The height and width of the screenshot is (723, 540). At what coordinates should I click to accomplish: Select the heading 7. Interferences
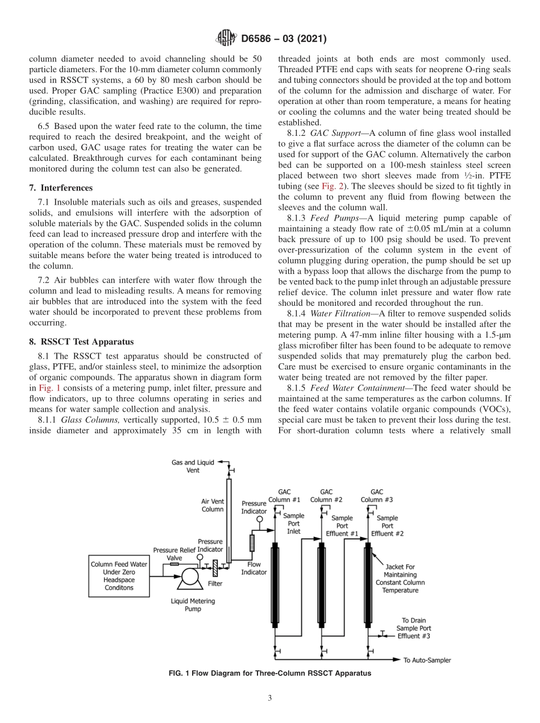(60, 188)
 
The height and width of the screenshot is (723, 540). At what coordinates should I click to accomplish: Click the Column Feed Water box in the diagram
(119, 576)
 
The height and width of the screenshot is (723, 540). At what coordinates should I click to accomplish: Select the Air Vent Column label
(213, 505)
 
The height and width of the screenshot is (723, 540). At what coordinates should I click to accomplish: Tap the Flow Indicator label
(254, 568)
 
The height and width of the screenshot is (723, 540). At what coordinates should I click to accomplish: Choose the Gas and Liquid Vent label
(193, 466)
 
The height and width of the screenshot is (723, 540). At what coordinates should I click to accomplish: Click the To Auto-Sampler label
(427, 660)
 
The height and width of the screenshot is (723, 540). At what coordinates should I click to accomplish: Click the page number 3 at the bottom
(270, 699)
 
